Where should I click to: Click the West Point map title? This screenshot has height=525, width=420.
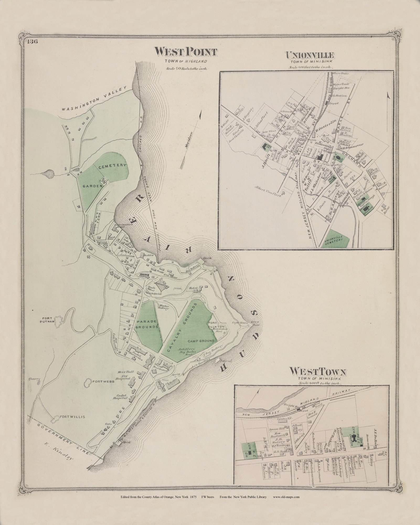tap(186, 51)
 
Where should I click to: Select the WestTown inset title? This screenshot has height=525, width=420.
tap(318, 372)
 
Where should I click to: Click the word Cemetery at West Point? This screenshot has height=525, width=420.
tap(113, 166)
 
